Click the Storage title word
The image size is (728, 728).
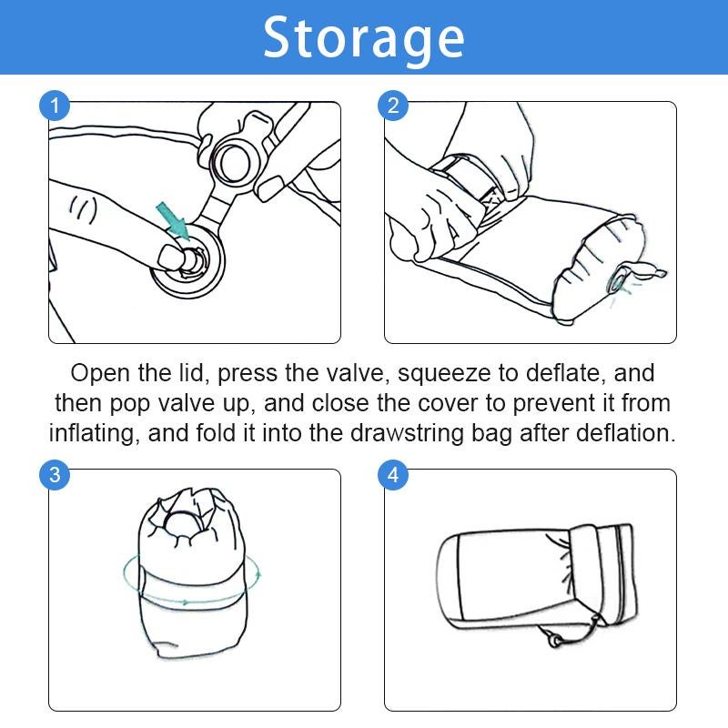pyautogui.click(x=363, y=38)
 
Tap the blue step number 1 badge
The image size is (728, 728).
pyautogui.click(x=55, y=106)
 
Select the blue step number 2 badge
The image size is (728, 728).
pyautogui.click(x=393, y=106)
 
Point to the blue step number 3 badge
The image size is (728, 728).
pyautogui.click(x=55, y=475)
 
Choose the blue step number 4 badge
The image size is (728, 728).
pyautogui.click(x=393, y=475)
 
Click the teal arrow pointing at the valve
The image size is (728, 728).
pyautogui.click(x=173, y=222)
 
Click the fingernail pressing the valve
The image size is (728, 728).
pyautogui.click(x=169, y=258)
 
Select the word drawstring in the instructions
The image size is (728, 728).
pyautogui.click(x=407, y=433)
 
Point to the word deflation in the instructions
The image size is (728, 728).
pyautogui.click(x=626, y=433)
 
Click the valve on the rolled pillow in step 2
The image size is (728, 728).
pyautogui.click(x=620, y=282)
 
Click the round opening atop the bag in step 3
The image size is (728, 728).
pyautogui.click(x=184, y=528)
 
